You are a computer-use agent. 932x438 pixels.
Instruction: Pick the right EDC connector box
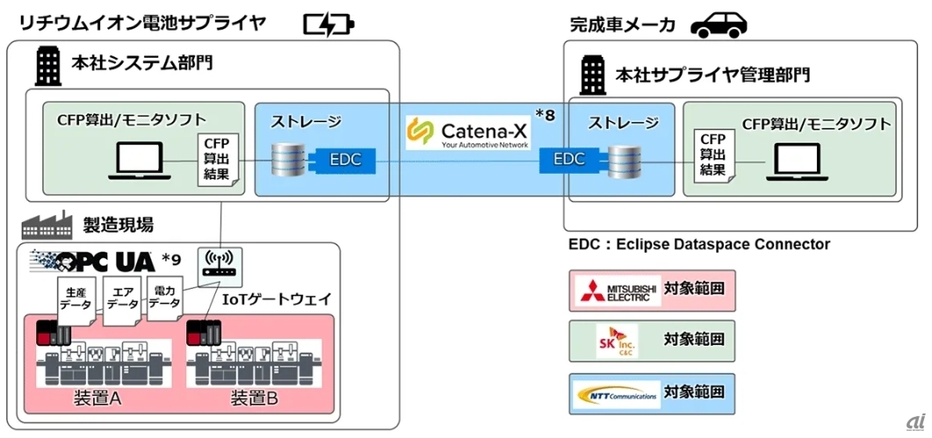pyautogui.click(x=569, y=161)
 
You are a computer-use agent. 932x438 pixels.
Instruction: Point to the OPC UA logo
pyautogui.click(x=97, y=261)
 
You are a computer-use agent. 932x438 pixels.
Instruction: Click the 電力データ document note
pyautogui.click(x=163, y=297)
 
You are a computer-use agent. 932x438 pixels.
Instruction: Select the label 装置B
pyautogui.click(x=255, y=399)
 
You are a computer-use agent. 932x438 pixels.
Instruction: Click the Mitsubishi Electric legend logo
pyautogui.click(x=617, y=289)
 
